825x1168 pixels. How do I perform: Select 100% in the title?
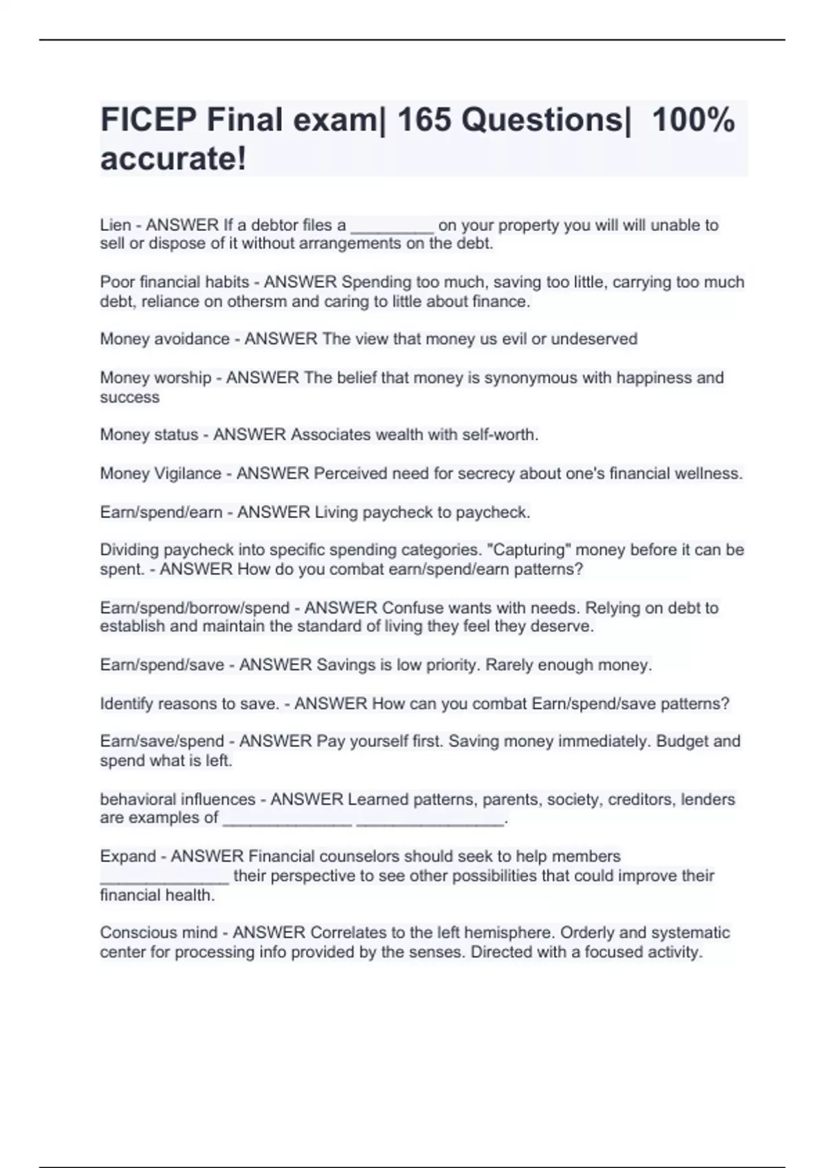[x=693, y=120]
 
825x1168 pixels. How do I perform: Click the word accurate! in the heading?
[x=173, y=159]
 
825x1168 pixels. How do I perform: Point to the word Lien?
[x=115, y=225]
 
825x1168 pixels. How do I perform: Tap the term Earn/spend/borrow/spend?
[x=195, y=608]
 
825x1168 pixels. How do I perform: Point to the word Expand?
[x=128, y=857]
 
